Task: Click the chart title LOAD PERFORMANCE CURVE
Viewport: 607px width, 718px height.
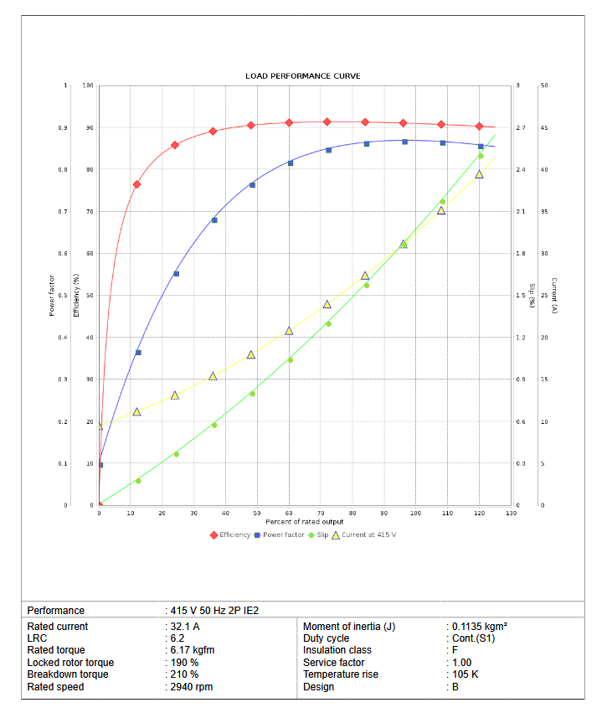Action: coord(303,76)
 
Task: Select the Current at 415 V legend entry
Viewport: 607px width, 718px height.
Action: coord(363,535)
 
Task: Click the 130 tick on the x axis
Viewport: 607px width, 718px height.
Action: coord(511,513)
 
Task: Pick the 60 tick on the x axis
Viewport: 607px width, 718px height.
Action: coord(289,513)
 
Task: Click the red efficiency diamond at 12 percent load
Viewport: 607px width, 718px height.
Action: coord(137,184)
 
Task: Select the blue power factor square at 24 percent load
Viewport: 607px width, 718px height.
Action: coord(176,274)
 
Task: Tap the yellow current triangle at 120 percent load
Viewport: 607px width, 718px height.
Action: coord(480,174)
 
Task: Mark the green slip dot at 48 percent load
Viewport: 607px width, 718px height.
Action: coord(252,393)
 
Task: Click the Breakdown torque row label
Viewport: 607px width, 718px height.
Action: coord(68,674)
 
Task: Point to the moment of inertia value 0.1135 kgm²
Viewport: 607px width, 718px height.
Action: coord(479,627)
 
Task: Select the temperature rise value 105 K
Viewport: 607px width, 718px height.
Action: coord(465,674)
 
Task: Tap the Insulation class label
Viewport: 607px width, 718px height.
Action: coord(337,650)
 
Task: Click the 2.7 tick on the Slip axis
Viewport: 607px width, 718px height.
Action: coord(521,128)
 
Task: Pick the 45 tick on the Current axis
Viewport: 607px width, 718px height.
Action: coord(544,128)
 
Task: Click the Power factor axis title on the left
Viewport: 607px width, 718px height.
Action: coord(52,296)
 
